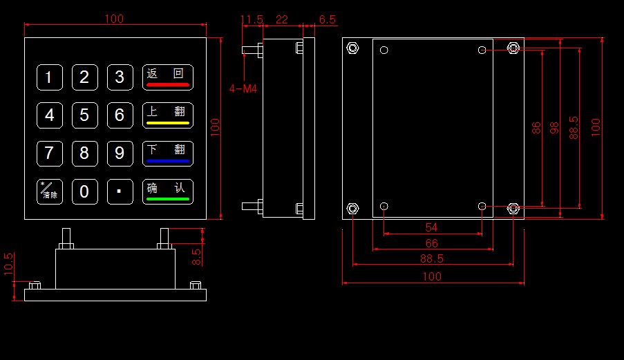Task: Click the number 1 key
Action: pos(49,77)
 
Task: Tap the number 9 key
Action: pos(120,152)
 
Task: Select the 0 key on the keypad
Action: pos(84,191)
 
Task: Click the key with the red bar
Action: pos(168,77)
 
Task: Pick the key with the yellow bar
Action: pos(168,115)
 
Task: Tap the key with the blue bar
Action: pos(168,153)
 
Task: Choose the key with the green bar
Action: pos(168,191)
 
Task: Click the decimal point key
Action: pos(120,191)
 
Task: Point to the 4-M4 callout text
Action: pos(243,88)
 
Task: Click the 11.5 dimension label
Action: pos(252,19)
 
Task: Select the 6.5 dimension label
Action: pos(328,19)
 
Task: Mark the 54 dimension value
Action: pos(431,227)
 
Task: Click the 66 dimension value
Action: pos(431,243)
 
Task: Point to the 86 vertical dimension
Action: pos(536,129)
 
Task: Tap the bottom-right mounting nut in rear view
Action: pos(513,209)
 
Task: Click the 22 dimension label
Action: pos(282,19)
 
